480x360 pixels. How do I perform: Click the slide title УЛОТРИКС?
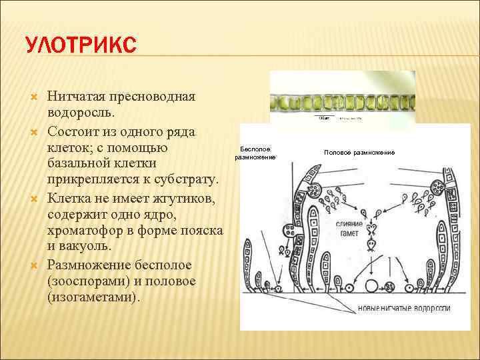(x=80, y=47)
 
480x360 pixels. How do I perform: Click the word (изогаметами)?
(x=93, y=298)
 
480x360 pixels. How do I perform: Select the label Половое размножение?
(x=359, y=153)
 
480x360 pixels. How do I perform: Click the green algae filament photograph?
(x=342, y=103)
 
